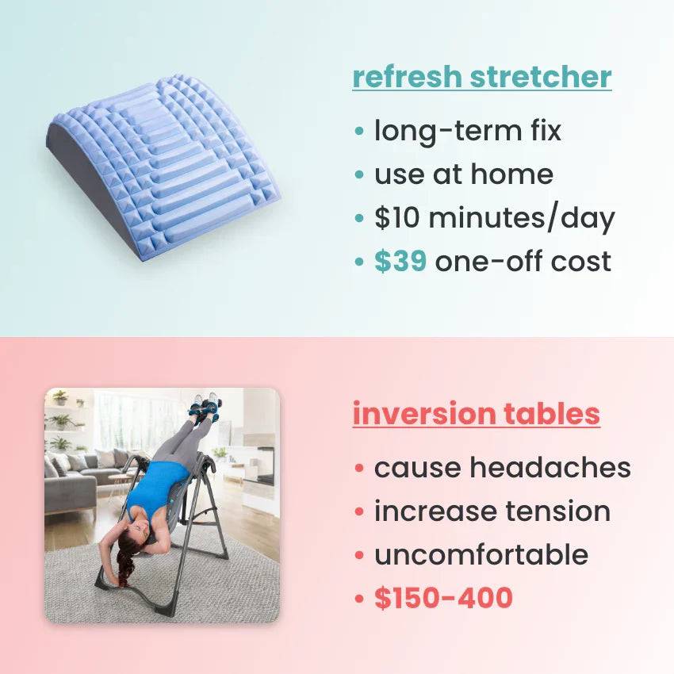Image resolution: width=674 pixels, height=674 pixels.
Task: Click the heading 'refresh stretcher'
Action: click(x=481, y=78)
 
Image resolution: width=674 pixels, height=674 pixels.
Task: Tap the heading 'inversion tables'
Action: click(x=476, y=414)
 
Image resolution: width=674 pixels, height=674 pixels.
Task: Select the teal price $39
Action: click(x=400, y=262)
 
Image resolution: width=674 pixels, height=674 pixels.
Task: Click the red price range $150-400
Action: click(x=443, y=599)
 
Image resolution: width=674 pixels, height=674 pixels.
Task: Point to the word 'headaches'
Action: click(x=550, y=468)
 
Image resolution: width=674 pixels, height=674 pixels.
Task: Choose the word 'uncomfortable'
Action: click(x=481, y=555)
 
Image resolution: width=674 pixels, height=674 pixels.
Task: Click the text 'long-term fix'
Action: click(x=467, y=131)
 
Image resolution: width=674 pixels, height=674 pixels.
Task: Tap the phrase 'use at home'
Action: click(x=463, y=174)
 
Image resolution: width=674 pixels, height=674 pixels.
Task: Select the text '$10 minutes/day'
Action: click(x=494, y=218)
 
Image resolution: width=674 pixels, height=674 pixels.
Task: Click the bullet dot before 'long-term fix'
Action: click(x=361, y=131)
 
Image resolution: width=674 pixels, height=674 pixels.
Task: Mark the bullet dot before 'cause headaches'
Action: click(x=361, y=468)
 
